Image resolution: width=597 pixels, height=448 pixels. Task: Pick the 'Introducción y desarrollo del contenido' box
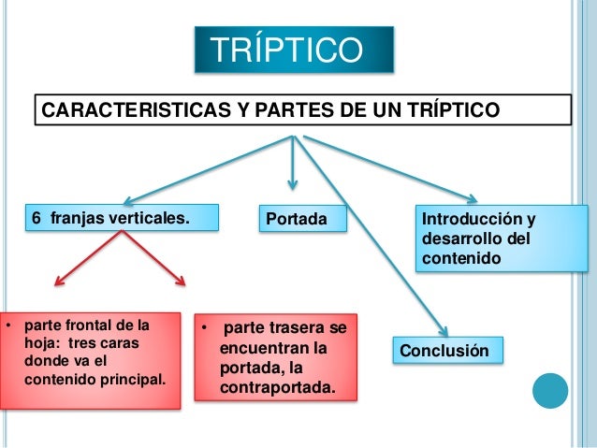(489, 238)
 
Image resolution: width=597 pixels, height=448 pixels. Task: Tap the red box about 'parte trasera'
(275, 356)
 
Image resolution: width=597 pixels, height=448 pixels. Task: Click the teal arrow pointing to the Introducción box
(393, 168)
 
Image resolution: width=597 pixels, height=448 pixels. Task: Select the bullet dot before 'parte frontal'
(7, 326)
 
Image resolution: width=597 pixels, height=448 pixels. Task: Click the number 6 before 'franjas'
(36, 219)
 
